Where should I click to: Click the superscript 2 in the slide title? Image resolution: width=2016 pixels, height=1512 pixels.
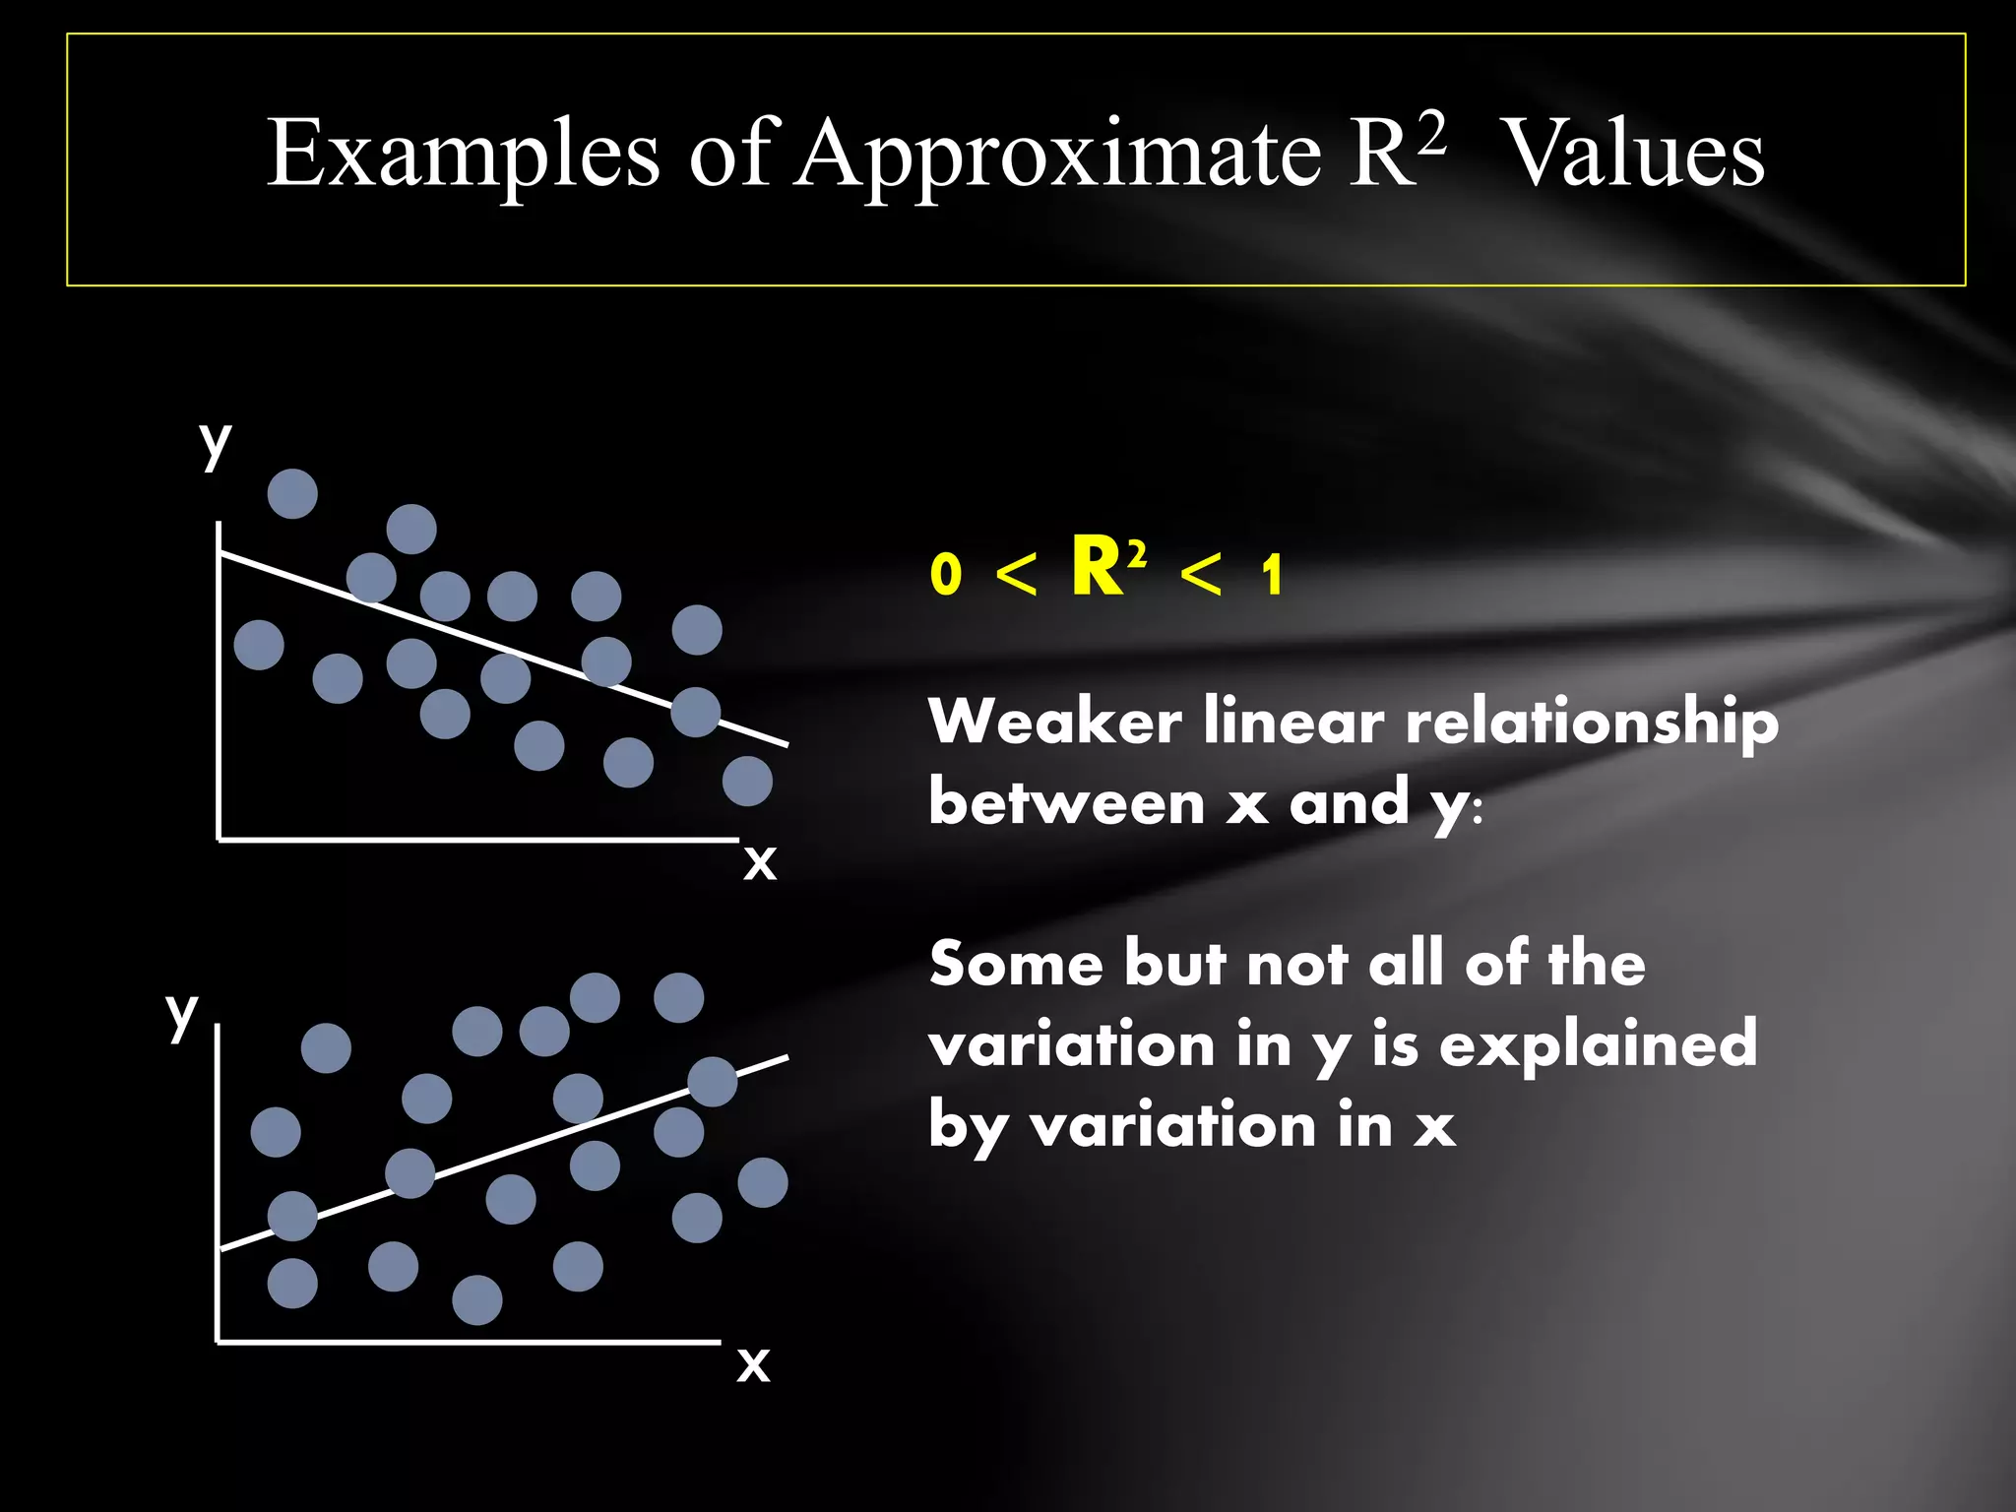click(x=1431, y=134)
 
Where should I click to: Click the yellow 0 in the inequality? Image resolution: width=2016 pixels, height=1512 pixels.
click(x=945, y=574)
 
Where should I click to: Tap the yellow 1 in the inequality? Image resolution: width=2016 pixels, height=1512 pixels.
click(x=1273, y=575)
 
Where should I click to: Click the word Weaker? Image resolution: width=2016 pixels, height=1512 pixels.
click(x=1054, y=721)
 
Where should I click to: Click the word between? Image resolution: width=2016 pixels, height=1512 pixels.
click(x=1066, y=802)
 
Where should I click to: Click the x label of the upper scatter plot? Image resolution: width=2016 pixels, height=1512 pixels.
click(x=760, y=862)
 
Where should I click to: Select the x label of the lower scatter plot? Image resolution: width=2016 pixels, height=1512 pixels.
click(x=754, y=1364)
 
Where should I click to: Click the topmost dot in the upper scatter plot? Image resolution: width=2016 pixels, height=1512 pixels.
click(x=292, y=493)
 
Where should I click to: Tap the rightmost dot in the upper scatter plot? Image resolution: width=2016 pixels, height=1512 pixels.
click(x=747, y=781)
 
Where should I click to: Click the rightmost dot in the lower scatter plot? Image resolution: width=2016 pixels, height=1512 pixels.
click(x=763, y=1182)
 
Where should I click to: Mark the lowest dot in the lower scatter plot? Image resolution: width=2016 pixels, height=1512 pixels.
click(x=477, y=1299)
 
